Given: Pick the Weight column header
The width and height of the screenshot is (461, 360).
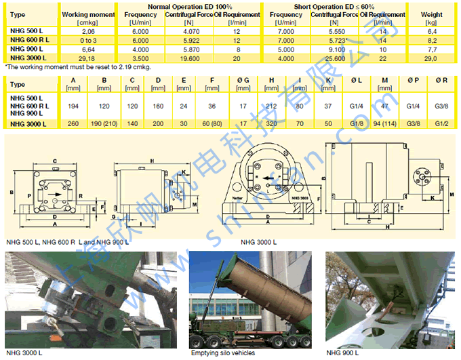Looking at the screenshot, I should [431, 14].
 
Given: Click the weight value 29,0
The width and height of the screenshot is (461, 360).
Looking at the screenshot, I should [431, 59].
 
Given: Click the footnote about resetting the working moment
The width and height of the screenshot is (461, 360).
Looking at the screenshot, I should [77, 67].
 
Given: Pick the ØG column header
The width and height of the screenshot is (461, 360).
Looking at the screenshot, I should [243, 81].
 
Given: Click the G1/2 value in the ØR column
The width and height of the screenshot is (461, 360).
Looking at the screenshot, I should [441, 123].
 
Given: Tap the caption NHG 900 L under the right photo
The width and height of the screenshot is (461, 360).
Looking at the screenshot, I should [342, 353].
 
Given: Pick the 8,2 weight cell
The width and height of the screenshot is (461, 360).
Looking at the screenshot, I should [431, 41].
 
